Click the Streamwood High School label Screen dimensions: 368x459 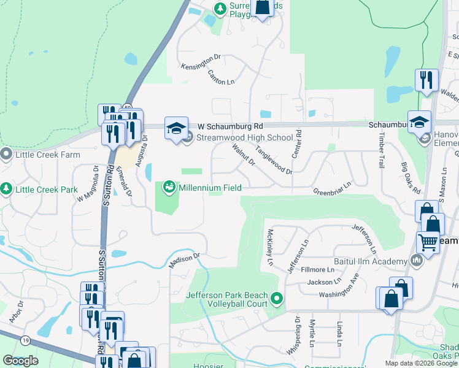tap(244, 137)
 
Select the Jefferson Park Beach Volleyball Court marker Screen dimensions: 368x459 tap(277, 299)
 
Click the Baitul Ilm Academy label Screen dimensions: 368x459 tap(374, 261)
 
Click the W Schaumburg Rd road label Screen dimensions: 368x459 tap(222, 125)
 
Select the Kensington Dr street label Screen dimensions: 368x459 tap(201, 61)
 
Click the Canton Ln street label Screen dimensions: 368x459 tap(222, 77)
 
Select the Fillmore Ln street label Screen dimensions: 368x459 tap(322, 269)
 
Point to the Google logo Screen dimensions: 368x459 tap(20, 361)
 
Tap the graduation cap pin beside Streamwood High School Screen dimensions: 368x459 tap(176, 128)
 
